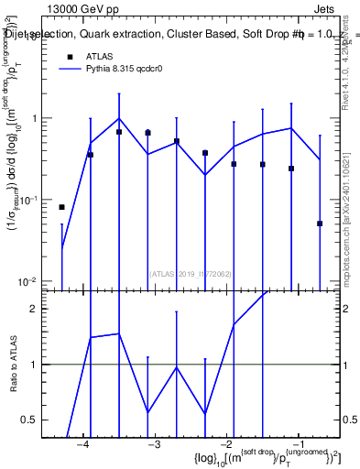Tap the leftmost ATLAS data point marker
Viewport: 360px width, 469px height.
pyautogui.click(x=62, y=207)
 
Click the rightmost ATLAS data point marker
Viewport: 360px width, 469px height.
pyautogui.click(x=320, y=224)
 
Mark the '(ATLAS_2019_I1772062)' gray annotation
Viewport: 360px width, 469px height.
pyautogui.click(x=191, y=272)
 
